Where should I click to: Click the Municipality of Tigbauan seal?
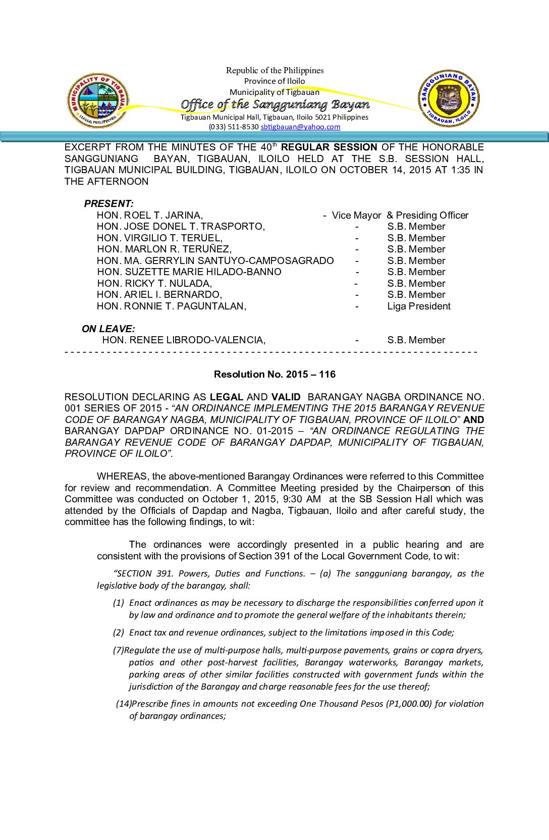point(97,100)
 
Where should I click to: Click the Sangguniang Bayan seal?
point(449,99)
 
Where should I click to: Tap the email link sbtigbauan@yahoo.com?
point(300,127)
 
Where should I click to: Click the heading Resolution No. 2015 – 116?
point(274,375)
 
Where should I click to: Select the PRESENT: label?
point(108,204)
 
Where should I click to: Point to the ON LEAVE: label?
point(108,329)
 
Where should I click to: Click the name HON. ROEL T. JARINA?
point(150,216)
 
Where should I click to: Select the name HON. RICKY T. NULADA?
point(154,284)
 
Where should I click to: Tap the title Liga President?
point(419,306)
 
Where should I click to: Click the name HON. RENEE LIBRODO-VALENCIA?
point(184,340)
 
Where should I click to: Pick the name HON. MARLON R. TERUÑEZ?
point(164,249)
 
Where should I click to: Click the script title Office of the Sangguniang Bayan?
point(275,104)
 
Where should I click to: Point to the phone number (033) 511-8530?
point(234,127)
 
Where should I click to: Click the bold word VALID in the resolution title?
point(286,397)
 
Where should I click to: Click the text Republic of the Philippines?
point(274,71)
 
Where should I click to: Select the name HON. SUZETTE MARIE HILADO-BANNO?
point(189,272)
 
